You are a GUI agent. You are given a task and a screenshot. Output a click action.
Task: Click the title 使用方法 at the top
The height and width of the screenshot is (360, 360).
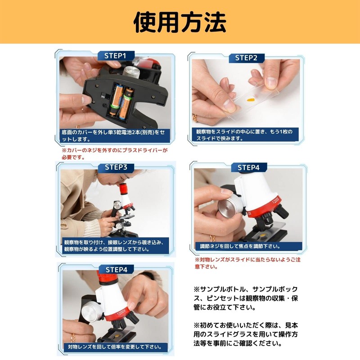click(180, 22)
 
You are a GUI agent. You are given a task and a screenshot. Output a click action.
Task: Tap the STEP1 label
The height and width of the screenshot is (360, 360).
click(116, 56)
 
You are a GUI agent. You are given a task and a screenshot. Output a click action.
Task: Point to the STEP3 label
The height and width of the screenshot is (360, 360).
click(116, 167)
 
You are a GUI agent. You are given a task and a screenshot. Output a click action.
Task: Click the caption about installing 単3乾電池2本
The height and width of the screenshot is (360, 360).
click(116, 136)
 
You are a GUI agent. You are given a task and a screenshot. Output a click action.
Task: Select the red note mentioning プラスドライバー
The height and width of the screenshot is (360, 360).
click(114, 154)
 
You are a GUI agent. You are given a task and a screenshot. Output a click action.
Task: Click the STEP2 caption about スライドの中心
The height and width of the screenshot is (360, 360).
click(246, 135)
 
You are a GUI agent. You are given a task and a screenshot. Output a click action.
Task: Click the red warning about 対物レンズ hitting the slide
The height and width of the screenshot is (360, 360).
click(247, 263)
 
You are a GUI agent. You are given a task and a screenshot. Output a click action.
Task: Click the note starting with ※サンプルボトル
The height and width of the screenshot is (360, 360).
click(246, 298)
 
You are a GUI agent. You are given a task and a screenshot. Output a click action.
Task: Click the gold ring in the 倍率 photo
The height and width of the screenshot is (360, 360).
click(73, 337)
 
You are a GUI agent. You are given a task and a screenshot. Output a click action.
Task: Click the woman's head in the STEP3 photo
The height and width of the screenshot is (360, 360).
click(110, 180)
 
